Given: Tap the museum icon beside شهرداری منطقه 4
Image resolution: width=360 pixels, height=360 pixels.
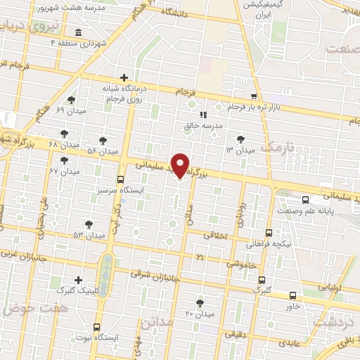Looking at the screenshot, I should coord(77,33).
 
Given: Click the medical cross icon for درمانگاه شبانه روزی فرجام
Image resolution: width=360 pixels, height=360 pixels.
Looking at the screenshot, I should coord(124,77).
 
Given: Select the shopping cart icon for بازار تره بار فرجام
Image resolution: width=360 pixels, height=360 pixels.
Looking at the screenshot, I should coord(254,96).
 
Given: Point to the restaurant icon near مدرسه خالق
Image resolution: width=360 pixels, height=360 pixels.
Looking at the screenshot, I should coord(202,114).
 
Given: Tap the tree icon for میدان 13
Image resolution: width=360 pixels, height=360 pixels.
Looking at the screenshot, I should coord(242,139).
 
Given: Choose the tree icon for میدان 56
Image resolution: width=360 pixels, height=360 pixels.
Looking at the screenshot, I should coord(103,141).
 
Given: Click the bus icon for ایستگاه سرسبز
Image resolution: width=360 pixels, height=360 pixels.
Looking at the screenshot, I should coord(121,179).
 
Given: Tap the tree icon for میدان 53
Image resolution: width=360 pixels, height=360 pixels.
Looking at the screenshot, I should coord(88,224).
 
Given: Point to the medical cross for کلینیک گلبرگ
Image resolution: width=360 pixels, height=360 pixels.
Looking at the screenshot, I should coord(77,280).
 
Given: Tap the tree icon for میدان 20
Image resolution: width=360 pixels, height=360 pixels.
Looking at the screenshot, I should coord(200,302).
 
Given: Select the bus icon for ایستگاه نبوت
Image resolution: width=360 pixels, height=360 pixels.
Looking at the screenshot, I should coord(97,327).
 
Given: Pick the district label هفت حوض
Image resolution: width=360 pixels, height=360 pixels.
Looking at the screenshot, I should coord(22,308).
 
